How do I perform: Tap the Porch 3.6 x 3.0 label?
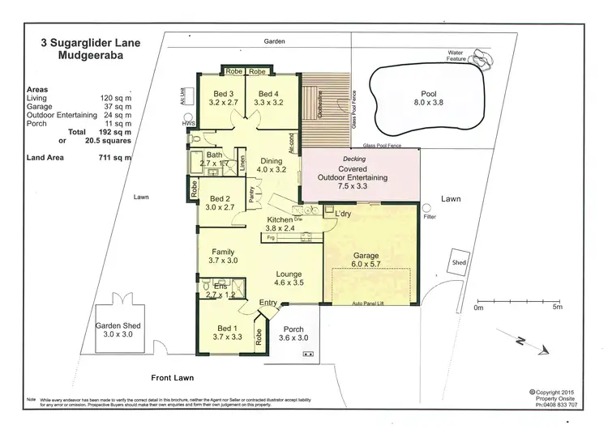click(x=293, y=333)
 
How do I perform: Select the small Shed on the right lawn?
click(x=460, y=262)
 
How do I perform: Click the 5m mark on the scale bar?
click(x=556, y=307)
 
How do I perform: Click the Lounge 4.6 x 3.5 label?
click(x=289, y=278)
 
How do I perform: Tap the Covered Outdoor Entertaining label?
click(x=359, y=176)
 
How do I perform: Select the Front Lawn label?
click(x=175, y=378)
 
